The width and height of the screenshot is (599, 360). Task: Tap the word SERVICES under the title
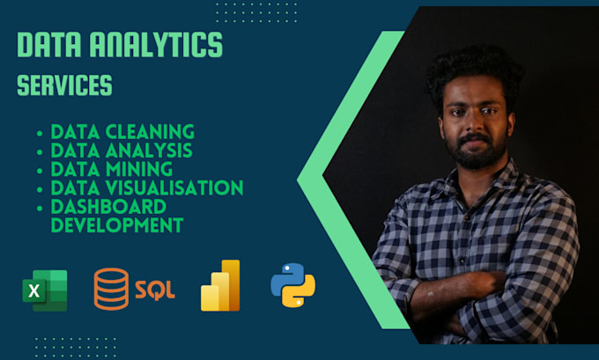(x=64, y=86)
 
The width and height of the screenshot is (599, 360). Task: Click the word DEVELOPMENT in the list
(x=117, y=224)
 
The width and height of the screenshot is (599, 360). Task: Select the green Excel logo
(x=45, y=290)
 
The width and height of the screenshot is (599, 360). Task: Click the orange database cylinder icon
(x=111, y=288)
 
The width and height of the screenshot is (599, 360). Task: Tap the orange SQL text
(x=154, y=289)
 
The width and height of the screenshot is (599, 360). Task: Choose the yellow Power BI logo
(x=220, y=285)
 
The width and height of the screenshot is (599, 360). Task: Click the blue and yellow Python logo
(x=292, y=285)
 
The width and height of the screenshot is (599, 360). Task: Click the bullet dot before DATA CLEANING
(x=40, y=133)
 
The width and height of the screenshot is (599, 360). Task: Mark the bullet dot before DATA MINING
(x=40, y=170)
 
